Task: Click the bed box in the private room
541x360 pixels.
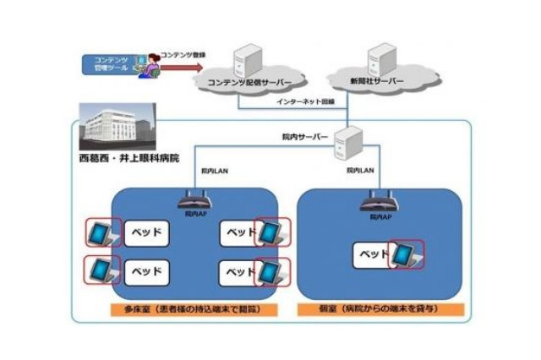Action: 370,253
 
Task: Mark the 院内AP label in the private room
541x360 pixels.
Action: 381,216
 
